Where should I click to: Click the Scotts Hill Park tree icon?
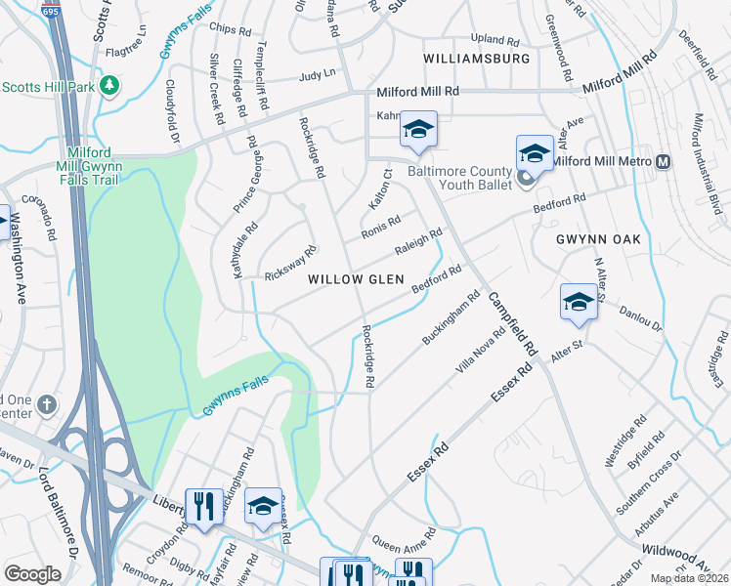coord(109,86)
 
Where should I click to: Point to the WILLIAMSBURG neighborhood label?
coord(477,59)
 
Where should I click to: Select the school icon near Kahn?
coord(418,130)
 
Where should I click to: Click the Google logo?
coord(32,573)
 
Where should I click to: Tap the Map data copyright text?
coord(689,578)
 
